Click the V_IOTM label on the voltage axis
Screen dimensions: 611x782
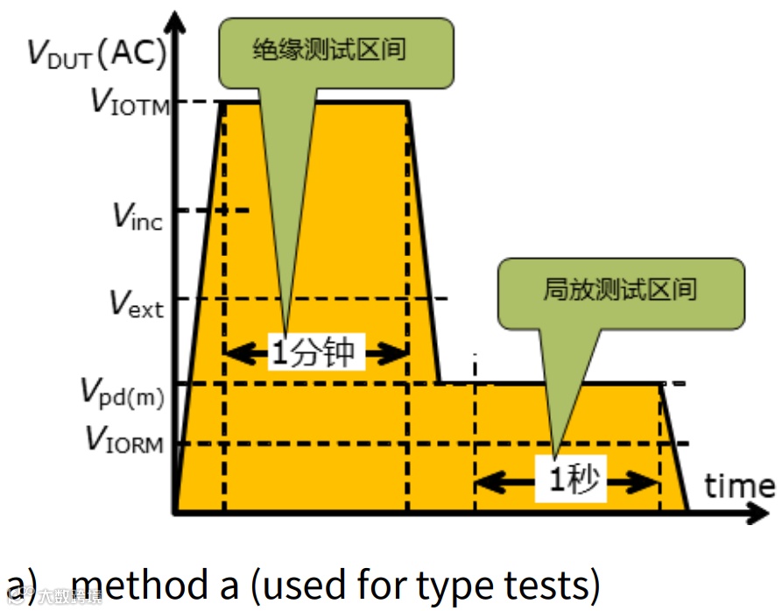point(130,102)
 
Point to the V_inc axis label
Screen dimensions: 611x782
point(137,213)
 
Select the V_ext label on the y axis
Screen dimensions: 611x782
point(137,303)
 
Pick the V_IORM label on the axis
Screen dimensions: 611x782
point(124,440)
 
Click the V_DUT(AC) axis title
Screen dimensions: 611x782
point(96,53)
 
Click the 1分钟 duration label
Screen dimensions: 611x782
point(314,353)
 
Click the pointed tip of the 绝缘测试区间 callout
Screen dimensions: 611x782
point(286,332)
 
